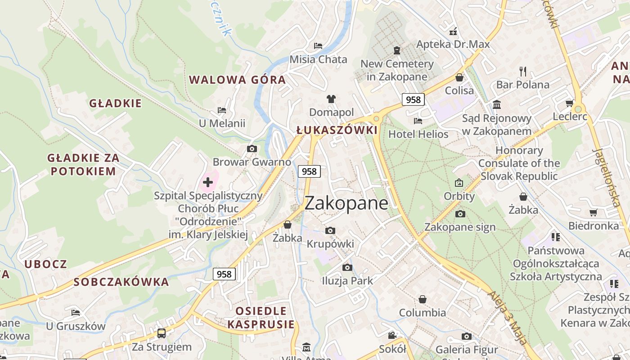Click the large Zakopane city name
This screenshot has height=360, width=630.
(x=346, y=203)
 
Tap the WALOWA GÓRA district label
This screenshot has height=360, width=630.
(x=237, y=80)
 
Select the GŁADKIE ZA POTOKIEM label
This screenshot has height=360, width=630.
(x=83, y=164)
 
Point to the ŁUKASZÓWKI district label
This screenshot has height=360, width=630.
(x=337, y=130)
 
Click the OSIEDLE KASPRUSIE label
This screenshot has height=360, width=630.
(x=261, y=318)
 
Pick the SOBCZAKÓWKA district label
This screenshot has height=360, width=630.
(x=121, y=282)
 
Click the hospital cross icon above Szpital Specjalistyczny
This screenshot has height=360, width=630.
(x=208, y=182)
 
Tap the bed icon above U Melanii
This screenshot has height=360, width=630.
(x=222, y=110)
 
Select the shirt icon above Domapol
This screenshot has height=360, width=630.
(x=331, y=99)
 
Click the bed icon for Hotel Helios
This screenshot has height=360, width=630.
(x=418, y=121)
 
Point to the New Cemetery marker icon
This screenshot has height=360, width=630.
(x=397, y=50)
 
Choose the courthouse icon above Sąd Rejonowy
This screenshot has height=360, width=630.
(x=497, y=105)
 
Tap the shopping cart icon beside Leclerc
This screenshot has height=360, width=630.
(x=569, y=103)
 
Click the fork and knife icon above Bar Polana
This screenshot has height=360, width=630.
(x=522, y=72)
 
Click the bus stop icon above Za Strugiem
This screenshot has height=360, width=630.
(x=162, y=333)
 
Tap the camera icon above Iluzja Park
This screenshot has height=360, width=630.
(x=347, y=268)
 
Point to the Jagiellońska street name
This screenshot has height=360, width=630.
(x=607, y=177)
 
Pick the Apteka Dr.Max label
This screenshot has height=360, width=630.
(x=453, y=44)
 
